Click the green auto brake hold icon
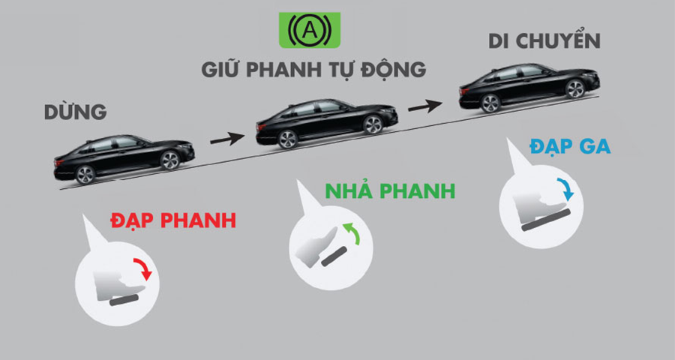coord(310,30)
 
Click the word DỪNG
coord(75,112)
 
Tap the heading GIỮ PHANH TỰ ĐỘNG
coord(313,69)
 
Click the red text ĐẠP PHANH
coord(173,220)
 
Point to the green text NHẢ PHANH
coord(390,190)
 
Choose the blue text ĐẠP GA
coord(570,146)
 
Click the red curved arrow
coord(144,268)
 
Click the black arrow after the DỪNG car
coord(227,139)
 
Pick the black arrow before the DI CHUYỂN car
coord(425,106)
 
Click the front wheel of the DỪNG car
coord(169,160)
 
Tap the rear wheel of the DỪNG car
coord(85,175)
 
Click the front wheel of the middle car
coord(373,125)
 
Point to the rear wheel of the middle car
coord(288,139)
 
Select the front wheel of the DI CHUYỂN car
coord(575,89)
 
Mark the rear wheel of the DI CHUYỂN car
coord(490,103)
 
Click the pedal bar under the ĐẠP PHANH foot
coord(124,301)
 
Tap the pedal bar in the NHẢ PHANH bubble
coord(334,256)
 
